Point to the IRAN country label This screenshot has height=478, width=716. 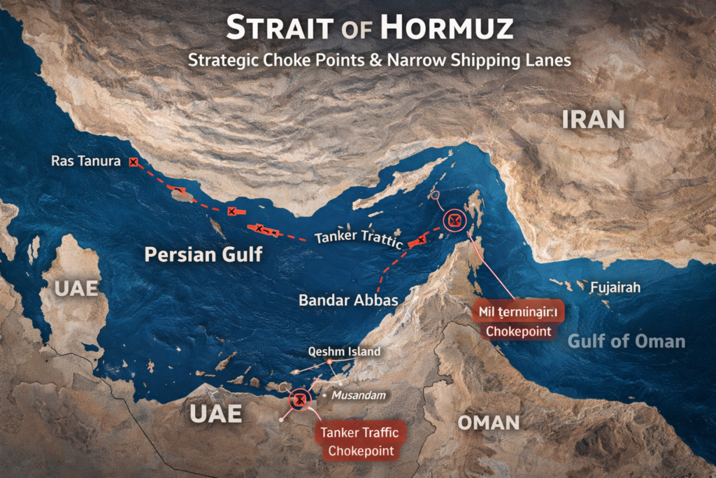pos(593,120)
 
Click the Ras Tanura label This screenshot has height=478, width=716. pos(86,161)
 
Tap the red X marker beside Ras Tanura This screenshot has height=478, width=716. pos(133,162)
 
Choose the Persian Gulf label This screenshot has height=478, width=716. pos(203,254)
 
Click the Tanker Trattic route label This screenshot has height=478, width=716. pos(358,239)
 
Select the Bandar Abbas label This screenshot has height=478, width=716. pos(348,300)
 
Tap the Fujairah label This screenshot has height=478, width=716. pos(615,288)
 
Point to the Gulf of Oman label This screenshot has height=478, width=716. pos(626,342)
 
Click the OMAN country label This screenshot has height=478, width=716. pos(488,422)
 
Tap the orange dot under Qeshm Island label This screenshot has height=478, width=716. pos(330,361)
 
